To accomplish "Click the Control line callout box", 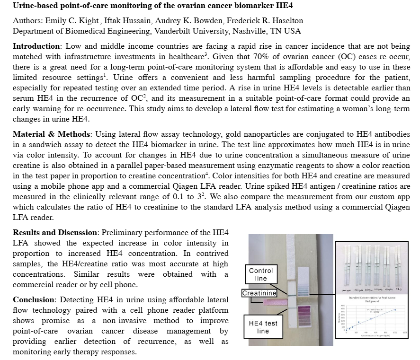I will (x=261, y=274).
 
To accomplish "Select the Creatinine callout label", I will (x=259, y=293).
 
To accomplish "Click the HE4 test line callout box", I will (x=263, y=327).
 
